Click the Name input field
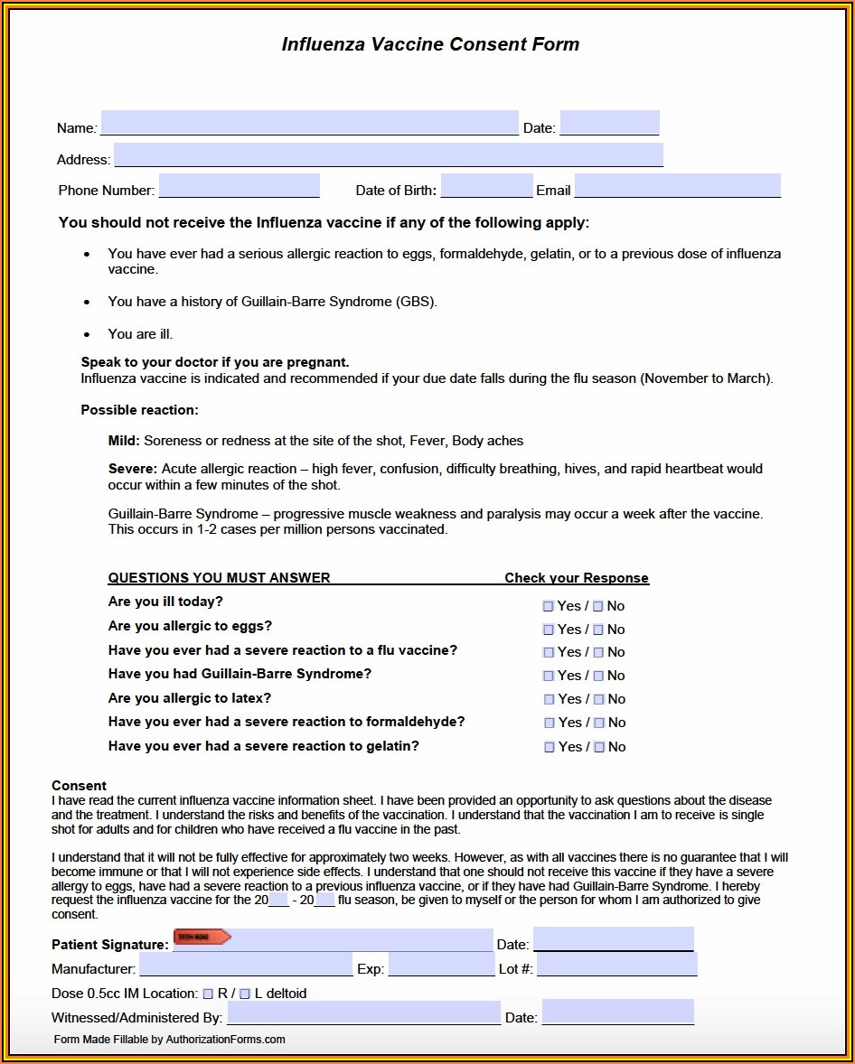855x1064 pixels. [x=309, y=123]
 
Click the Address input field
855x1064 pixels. [x=388, y=155]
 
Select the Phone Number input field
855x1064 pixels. [x=239, y=186]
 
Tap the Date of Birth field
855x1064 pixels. [x=486, y=186]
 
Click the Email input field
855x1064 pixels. [x=677, y=186]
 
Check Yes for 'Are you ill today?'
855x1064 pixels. [x=549, y=606]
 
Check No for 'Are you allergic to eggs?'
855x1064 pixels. [x=598, y=630]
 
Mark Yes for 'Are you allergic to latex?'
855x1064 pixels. [x=550, y=699]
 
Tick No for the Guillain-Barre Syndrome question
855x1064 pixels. [x=598, y=676]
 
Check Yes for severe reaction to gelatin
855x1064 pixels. [x=550, y=747]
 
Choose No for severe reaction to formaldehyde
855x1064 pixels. [x=599, y=723]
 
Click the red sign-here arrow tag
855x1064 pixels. [x=202, y=938]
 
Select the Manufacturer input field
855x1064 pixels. [x=246, y=965]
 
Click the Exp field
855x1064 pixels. [x=441, y=965]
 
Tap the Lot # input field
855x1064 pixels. [x=616, y=965]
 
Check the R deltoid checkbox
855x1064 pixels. [x=208, y=994]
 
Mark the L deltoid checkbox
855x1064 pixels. [x=245, y=994]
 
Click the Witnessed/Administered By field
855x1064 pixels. [x=362, y=1013]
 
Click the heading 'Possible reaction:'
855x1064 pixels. [x=140, y=410]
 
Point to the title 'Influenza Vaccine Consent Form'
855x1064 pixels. [x=430, y=44]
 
